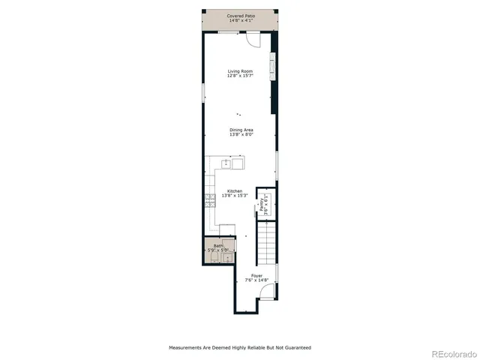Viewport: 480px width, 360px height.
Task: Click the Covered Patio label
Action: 241,15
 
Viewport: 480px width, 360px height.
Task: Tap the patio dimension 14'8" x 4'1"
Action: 241,20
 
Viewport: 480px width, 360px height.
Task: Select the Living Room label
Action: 241,71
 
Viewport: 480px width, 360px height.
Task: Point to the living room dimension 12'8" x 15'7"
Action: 241,76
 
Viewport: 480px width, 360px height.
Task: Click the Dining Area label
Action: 241,130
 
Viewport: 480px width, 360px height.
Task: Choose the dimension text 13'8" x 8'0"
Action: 241,135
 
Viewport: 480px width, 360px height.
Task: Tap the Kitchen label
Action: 233,191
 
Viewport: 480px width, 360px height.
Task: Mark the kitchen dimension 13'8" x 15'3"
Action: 233,196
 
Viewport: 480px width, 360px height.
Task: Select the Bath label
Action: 217,245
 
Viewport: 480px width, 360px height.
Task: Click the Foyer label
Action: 256,276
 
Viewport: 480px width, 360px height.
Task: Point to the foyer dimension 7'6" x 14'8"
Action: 256,281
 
